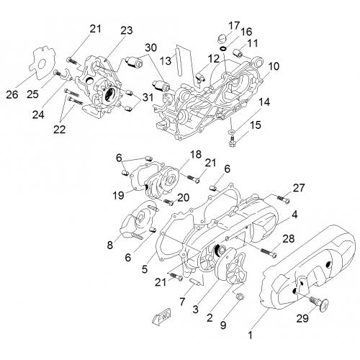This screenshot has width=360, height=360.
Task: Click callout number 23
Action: pos(127,30)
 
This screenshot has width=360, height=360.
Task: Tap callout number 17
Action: pos(235,26)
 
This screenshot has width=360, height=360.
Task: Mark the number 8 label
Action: pos(109,245)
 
